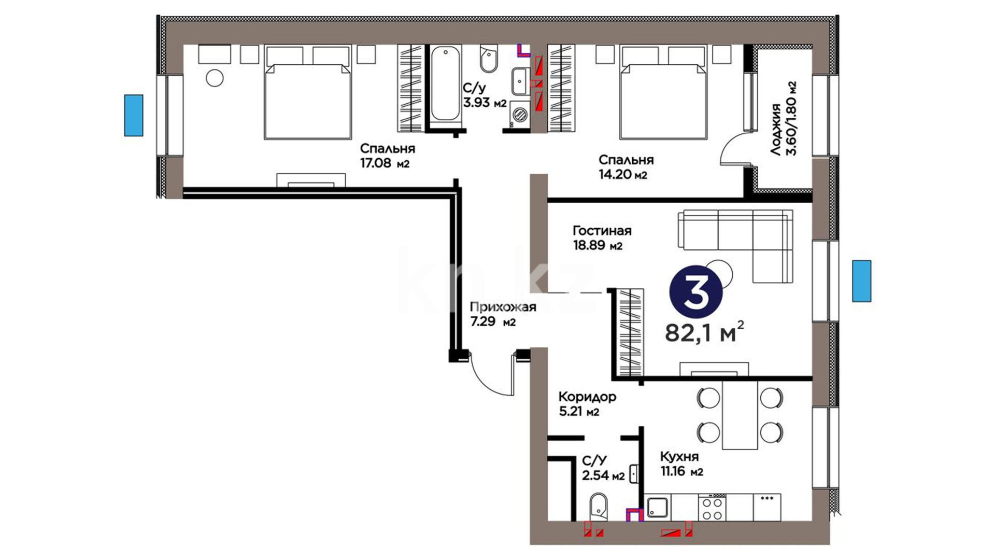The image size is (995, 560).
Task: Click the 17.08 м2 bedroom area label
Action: [385, 164]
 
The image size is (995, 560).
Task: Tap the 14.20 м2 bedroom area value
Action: [623, 175]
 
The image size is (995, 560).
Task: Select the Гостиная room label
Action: [602, 231]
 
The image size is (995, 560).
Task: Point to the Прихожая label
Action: [503, 307]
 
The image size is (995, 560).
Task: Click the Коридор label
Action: [587, 397]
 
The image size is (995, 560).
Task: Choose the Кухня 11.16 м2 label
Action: [681, 464]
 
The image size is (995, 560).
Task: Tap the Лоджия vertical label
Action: [776, 130]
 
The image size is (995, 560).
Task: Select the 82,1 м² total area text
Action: [704, 332]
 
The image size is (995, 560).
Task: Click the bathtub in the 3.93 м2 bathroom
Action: [446, 83]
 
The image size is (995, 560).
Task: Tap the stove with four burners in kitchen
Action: [712, 508]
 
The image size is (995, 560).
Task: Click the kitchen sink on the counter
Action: [659, 508]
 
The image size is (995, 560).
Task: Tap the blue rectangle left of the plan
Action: [133, 115]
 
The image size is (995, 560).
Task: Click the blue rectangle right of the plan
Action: [862, 281]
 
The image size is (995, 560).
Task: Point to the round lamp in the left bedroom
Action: [215, 78]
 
